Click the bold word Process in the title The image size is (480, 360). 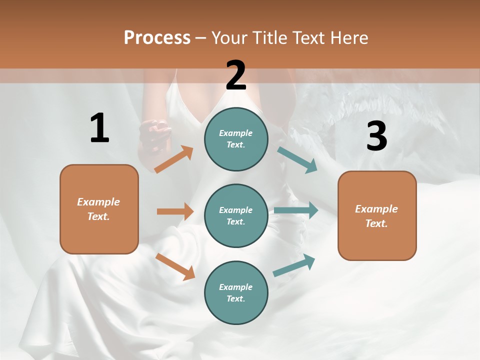point(157,37)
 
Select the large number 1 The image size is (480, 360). point(99,128)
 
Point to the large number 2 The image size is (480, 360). point(236,75)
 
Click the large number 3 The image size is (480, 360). point(376,136)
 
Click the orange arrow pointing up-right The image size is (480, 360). point(174,159)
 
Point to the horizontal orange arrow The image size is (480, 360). point(175,211)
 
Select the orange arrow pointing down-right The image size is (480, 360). point(175,266)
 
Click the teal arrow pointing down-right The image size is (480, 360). point(297,160)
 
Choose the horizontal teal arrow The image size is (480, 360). point(296,210)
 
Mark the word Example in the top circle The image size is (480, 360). point(236,133)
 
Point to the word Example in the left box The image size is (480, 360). point(98,202)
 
